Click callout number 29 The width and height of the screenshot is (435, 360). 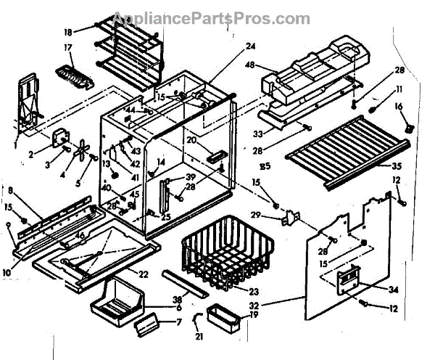[x=276, y=216]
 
